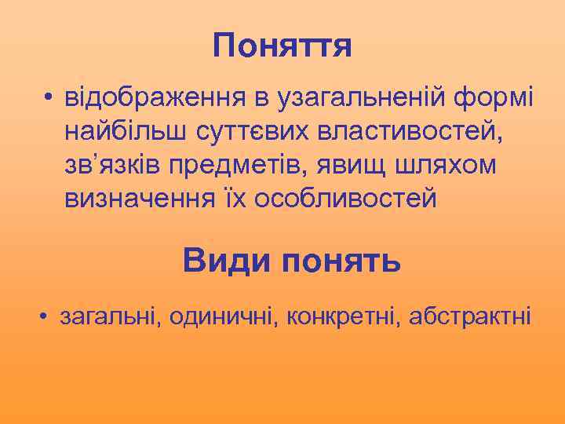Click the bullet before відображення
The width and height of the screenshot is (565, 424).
(x=49, y=101)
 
